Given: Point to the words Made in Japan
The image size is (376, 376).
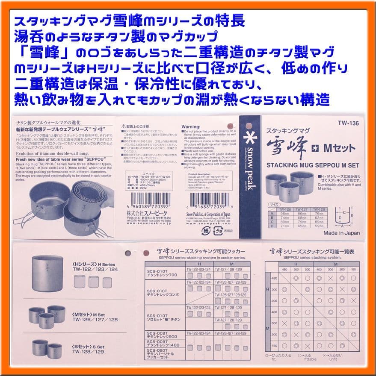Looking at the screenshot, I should click(x=341, y=233).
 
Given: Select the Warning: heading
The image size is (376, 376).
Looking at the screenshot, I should click(x=191, y=127).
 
